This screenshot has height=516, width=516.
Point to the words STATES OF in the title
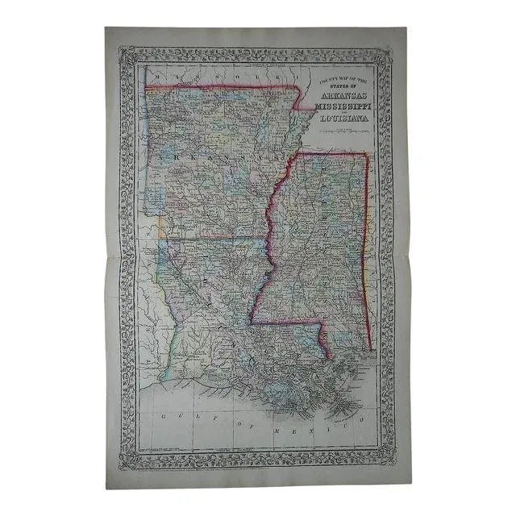pos(341,84)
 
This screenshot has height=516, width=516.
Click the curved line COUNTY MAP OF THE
pos(340,77)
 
